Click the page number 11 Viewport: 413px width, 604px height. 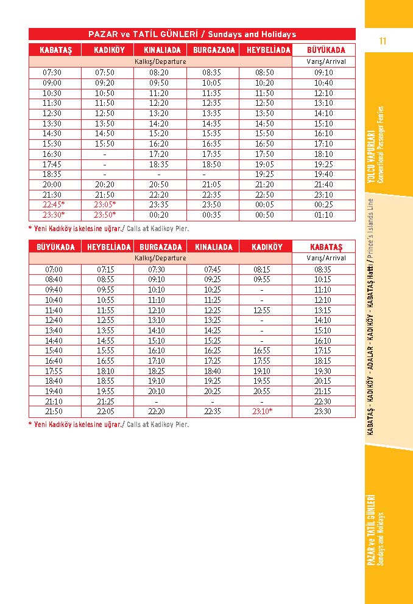click(383, 41)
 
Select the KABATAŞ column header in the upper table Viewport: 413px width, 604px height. click(55, 50)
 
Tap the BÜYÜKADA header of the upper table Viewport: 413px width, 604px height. click(323, 50)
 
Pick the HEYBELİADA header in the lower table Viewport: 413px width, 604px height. click(109, 247)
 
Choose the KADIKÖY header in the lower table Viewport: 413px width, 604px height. click(267, 247)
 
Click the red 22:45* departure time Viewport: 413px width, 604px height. click(54, 205)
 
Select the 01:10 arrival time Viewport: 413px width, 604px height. click(323, 215)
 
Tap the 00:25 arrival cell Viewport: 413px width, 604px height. click(323, 205)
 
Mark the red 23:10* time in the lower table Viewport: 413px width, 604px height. click(262, 412)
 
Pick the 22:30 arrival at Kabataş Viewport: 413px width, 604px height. click(323, 401)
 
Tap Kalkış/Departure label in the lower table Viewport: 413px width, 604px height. click(160, 258)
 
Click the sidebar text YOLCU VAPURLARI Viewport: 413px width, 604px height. click(370, 156)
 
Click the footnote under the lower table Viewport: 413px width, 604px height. click(108, 425)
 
